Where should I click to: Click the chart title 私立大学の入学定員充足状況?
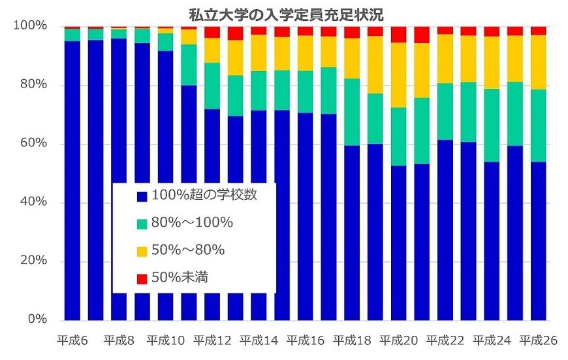(285, 13)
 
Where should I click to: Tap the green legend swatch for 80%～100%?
(141, 223)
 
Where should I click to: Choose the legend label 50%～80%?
(187, 250)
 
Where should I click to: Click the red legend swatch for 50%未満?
(141, 278)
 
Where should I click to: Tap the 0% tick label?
(37, 320)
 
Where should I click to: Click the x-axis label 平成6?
(72, 340)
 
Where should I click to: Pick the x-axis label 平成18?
(352, 340)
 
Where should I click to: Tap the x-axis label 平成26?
(538, 340)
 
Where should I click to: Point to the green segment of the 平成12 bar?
(212, 86)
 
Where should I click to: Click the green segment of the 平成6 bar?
(72, 35)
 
